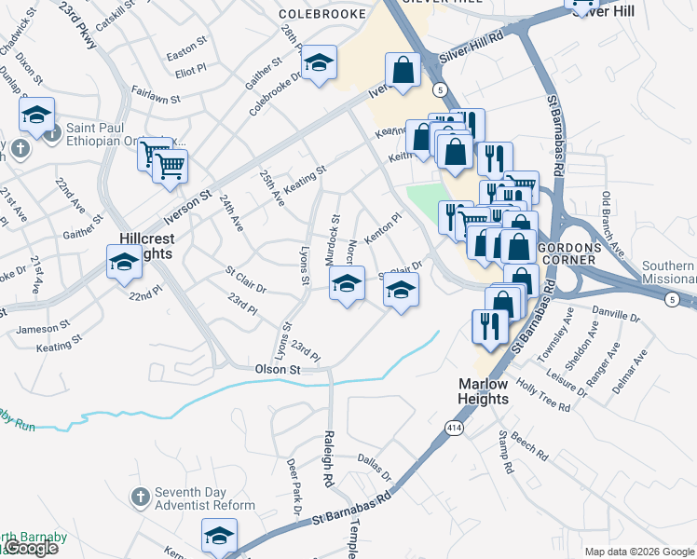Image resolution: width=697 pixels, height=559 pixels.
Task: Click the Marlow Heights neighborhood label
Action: coord(484,391)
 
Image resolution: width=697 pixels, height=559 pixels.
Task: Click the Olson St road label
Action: coord(278,370)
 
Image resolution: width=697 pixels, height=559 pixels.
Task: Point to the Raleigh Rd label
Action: coord(328,459)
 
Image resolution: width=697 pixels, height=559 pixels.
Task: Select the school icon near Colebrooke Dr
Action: coord(321,63)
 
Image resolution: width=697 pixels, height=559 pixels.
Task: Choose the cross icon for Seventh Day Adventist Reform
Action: coord(140,496)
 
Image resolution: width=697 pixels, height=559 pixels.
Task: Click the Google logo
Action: coord(30,547)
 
